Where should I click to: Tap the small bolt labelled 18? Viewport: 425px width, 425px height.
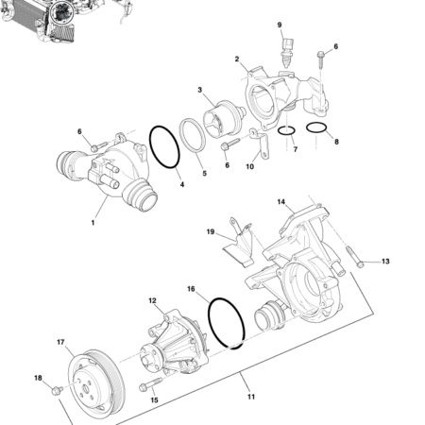58,388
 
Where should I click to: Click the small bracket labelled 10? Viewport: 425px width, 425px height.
262,147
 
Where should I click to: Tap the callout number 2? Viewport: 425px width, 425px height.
238,59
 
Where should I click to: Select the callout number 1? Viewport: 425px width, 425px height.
93,223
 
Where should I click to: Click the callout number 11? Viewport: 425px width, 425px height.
250,397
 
